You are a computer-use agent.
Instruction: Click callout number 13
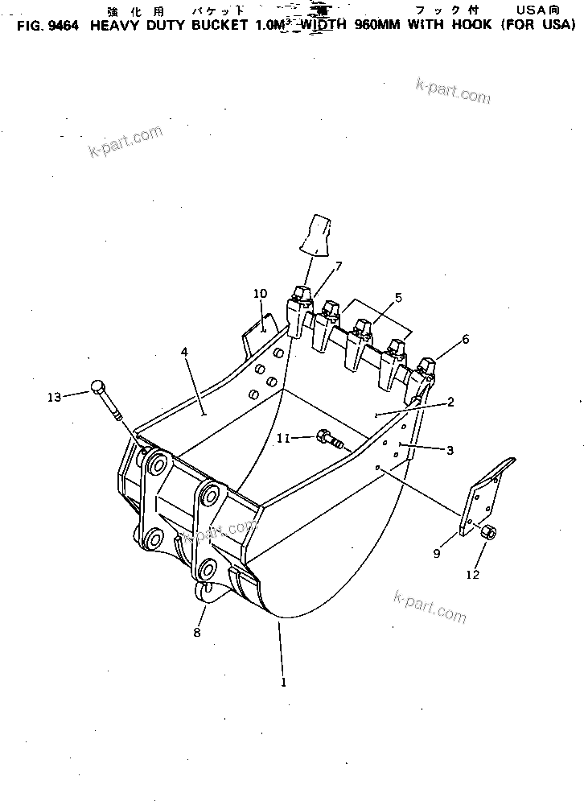pos(54,396)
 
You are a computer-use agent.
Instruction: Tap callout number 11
pos(282,438)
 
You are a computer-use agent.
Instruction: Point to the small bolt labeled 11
pos(330,440)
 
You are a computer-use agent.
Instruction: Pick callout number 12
pos(472,575)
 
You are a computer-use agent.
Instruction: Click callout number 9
pos(438,554)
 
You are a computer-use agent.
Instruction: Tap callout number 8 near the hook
pos(198,632)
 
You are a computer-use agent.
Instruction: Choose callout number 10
pos(259,294)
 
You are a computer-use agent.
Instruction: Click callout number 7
pos(339,266)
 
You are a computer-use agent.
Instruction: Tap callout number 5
pos(397,298)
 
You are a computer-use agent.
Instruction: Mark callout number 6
pos(464,341)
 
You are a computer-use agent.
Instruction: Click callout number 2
pos(450,402)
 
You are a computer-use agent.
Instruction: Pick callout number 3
pos(450,451)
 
